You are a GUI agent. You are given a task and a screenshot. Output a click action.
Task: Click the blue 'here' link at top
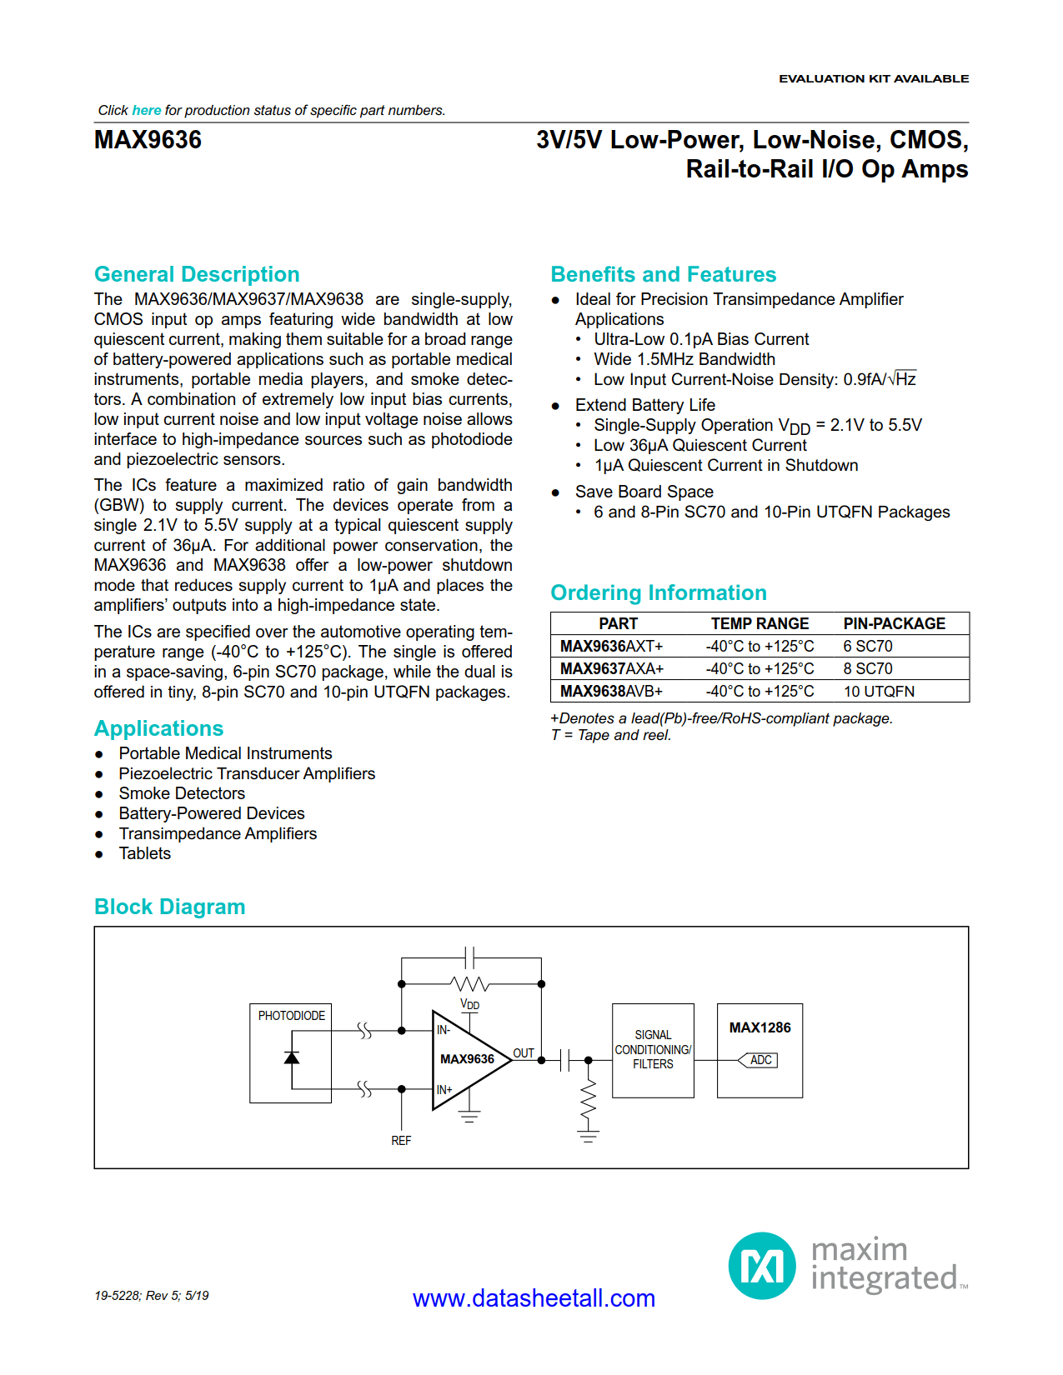tap(146, 110)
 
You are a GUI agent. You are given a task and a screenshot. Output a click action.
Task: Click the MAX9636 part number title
tap(148, 140)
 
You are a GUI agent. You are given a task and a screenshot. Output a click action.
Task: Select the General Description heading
tap(197, 274)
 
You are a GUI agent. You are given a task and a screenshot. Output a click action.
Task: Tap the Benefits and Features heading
tap(663, 274)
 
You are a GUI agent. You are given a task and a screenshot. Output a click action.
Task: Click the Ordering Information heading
tap(658, 592)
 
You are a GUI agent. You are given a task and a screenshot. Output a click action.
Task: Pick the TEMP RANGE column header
tap(759, 623)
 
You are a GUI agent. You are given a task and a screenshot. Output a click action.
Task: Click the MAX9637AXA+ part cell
tap(611, 668)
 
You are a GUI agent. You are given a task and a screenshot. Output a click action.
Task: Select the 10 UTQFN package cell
tap(878, 691)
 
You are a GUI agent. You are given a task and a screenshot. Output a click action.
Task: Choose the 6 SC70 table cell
tap(867, 646)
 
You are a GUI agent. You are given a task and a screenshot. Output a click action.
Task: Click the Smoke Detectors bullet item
tap(182, 793)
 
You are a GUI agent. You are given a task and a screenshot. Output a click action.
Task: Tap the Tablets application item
tap(144, 853)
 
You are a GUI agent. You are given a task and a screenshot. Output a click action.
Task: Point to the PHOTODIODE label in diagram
tap(291, 1016)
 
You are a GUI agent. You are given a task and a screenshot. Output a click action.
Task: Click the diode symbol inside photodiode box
tap(291, 1057)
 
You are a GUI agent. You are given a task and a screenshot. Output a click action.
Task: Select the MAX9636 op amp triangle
tap(468, 1059)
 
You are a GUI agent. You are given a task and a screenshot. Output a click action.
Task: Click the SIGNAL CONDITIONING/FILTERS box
tap(653, 1050)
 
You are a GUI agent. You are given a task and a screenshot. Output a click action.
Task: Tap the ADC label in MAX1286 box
tap(760, 1060)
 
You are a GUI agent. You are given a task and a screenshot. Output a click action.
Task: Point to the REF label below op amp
tap(401, 1140)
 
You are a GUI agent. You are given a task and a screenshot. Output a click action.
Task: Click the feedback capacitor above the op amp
tap(470, 957)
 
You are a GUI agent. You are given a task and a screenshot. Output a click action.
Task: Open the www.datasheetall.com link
tap(534, 1297)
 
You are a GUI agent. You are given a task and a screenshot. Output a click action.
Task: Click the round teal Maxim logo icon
tap(762, 1266)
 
